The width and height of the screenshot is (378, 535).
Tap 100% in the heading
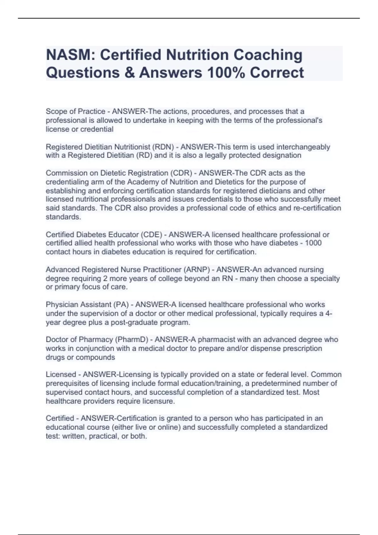[225, 72]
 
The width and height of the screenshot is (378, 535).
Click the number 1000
[313, 243]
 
